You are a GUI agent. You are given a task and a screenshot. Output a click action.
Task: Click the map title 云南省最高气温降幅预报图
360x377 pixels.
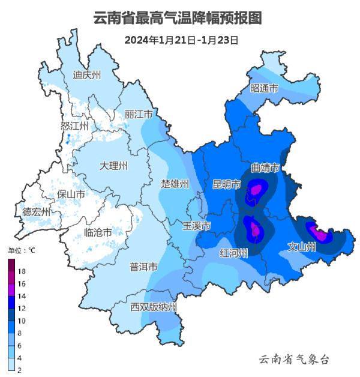pos(178,18)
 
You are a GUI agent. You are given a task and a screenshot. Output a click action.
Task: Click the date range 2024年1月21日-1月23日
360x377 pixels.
pos(182,40)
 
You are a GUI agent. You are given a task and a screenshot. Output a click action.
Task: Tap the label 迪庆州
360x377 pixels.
pos(87,75)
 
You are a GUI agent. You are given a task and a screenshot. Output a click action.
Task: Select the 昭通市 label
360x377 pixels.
pos(264,88)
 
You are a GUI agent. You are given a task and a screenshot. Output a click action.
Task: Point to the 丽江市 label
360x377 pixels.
pos(139,114)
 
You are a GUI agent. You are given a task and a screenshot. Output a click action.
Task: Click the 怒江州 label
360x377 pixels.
pos(74,125)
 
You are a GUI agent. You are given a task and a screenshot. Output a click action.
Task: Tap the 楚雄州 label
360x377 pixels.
pos(175,184)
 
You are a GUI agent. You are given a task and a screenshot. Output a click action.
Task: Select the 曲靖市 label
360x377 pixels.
pos(265,167)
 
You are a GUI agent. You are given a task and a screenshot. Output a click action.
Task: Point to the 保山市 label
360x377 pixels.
pos(70,194)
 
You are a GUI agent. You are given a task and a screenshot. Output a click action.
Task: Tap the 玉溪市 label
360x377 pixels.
pos(197,226)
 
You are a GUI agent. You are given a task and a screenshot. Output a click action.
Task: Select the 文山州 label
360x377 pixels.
pos(302,247)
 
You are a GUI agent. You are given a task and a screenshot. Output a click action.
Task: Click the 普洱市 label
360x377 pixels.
pos(144,267)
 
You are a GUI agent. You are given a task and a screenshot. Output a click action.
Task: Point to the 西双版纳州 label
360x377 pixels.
pos(154,307)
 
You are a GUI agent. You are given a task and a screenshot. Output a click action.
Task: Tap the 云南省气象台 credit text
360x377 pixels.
pos(293,359)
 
